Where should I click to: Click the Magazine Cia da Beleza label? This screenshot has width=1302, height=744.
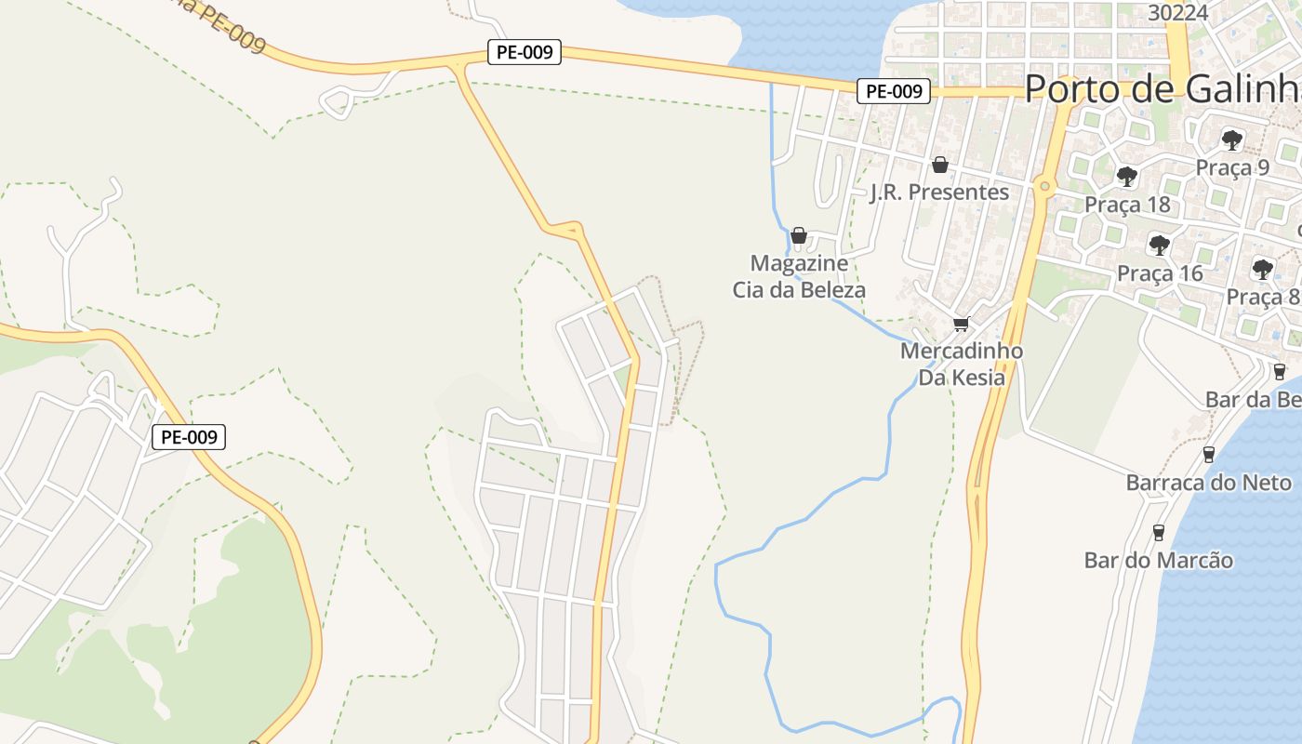click(x=799, y=276)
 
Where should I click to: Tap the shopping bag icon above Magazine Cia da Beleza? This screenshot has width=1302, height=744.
click(x=798, y=235)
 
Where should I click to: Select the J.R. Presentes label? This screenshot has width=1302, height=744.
click(x=939, y=193)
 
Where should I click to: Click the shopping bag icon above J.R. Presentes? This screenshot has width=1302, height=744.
click(x=940, y=165)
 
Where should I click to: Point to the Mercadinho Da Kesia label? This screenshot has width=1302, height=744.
click(x=962, y=364)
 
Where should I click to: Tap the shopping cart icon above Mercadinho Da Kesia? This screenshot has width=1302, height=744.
click(x=961, y=324)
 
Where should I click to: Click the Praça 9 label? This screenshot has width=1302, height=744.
click(x=1232, y=167)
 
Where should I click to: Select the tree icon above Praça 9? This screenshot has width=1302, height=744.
click(x=1232, y=140)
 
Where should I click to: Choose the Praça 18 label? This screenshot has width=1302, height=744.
click(x=1127, y=205)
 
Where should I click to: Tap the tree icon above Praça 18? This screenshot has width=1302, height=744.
click(x=1127, y=176)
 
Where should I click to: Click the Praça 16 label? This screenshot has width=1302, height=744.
click(x=1160, y=273)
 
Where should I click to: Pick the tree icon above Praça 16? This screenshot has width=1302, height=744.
click(x=1159, y=246)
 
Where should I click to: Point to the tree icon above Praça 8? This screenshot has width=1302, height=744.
click(x=1262, y=270)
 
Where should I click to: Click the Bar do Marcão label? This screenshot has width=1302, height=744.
click(x=1159, y=560)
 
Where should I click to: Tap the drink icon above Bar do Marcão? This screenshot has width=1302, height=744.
click(x=1159, y=532)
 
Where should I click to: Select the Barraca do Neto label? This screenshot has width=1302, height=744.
click(x=1208, y=483)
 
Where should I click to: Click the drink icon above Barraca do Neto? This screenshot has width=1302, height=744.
click(x=1209, y=454)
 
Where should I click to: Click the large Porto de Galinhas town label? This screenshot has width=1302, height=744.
click(x=1162, y=89)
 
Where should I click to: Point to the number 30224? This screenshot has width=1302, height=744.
click(x=1178, y=13)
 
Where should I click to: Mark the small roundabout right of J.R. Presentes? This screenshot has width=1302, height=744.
click(x=1045, y=186)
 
